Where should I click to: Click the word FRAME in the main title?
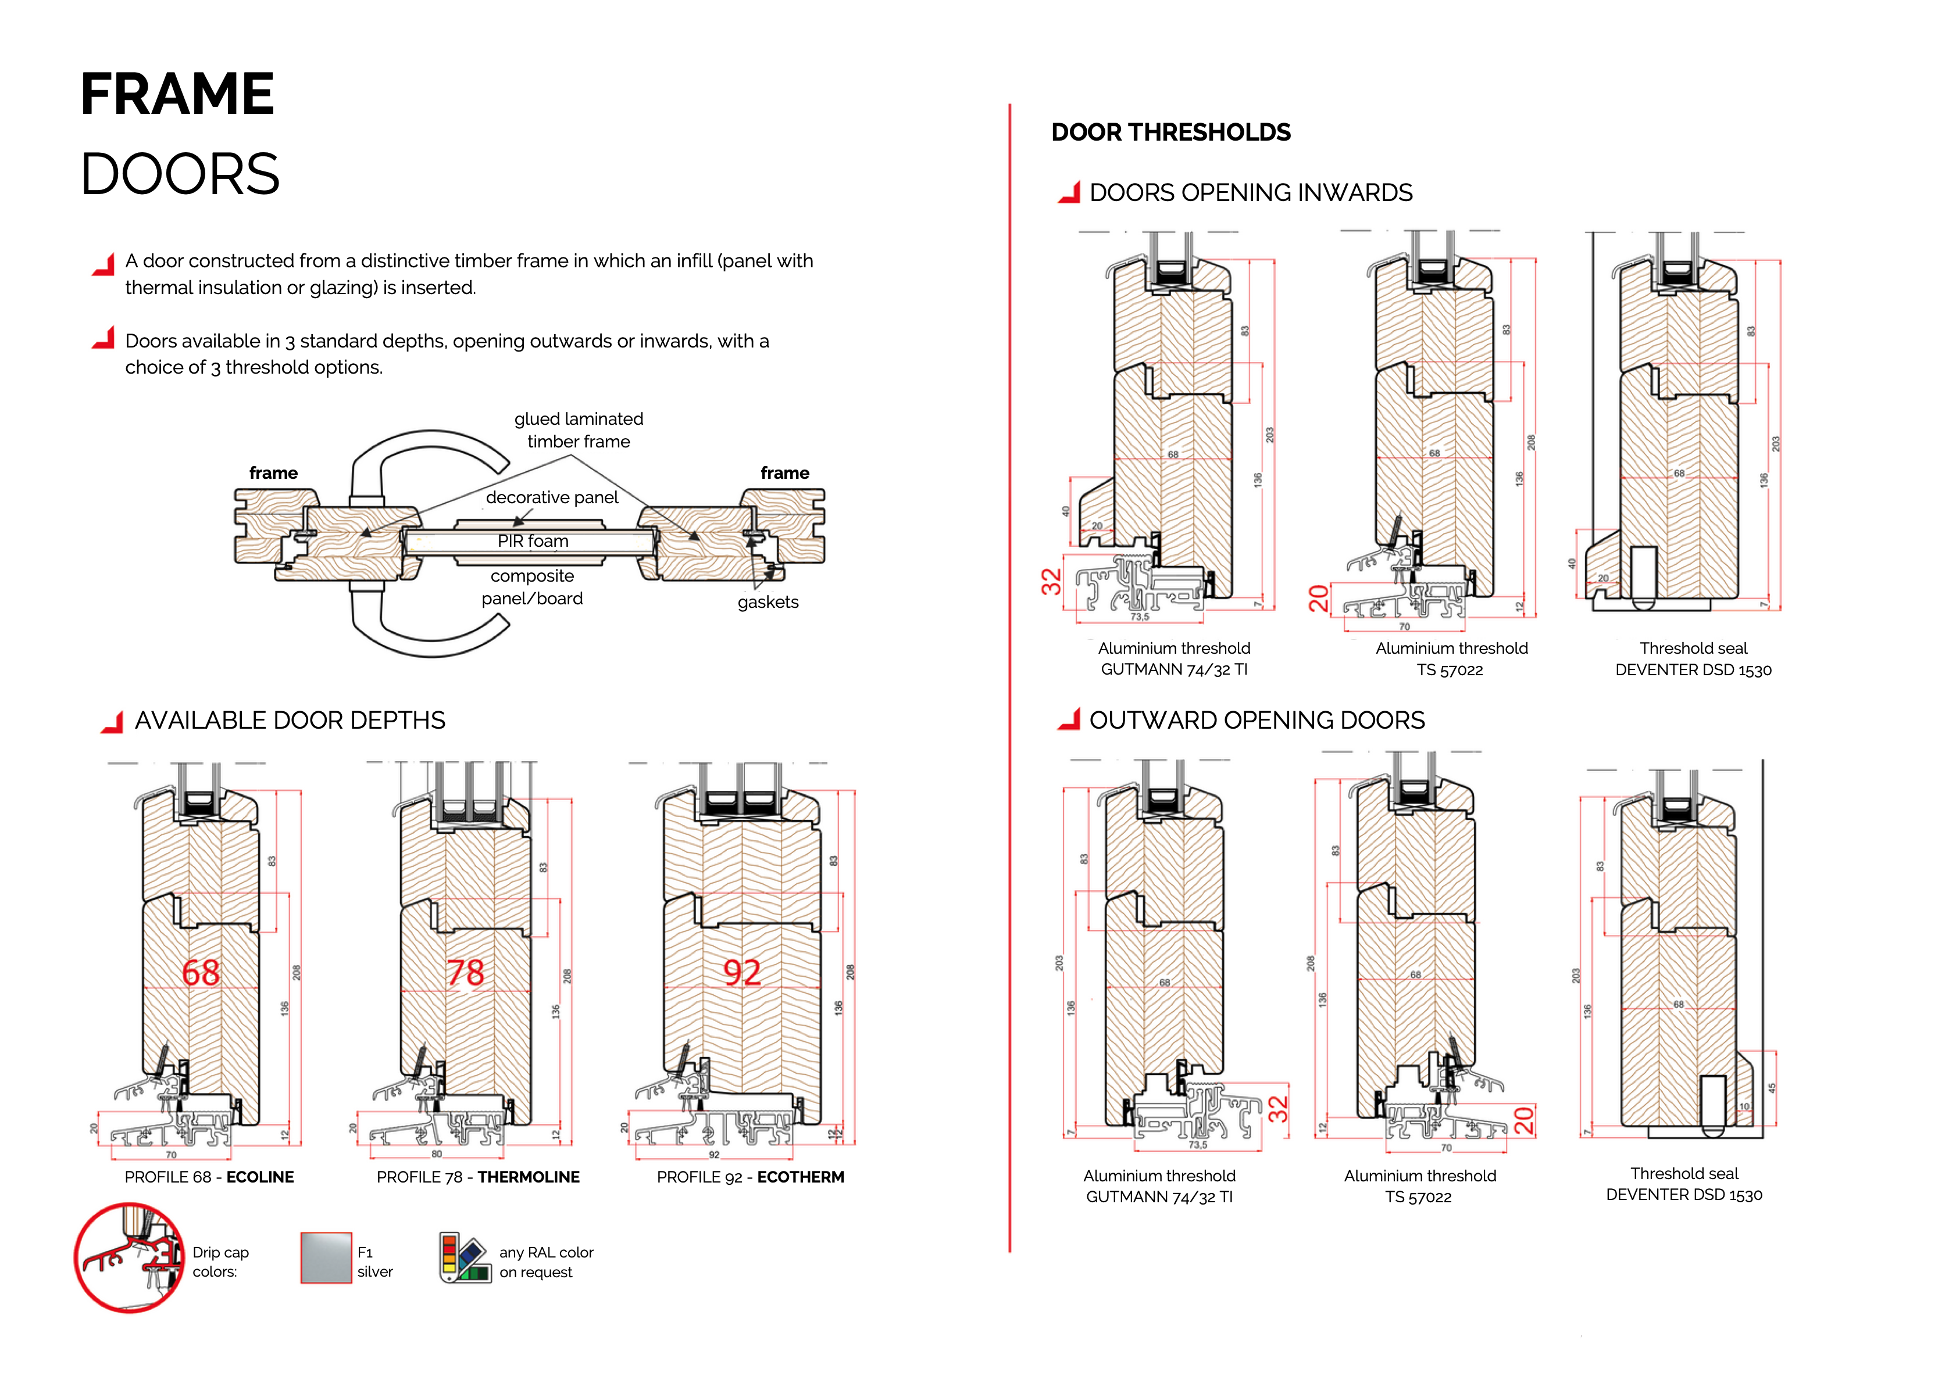click(x=177, y=95)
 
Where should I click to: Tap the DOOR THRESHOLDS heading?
click(x=1170, y=133)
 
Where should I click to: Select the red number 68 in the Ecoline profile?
click(x=201, y=973)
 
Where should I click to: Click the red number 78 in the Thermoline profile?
click(x=466, y=973)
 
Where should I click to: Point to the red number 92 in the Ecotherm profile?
click(x=741, y=973)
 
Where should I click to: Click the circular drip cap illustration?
click(x=130, y=1258)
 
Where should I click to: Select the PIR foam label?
click(x=533, y=542)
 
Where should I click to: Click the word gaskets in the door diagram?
click(x=768, y=602)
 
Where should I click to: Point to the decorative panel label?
click(x=552, y=497)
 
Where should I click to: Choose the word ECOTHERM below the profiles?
click(x=800, y=1177)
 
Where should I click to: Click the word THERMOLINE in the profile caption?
click(x=528, y=1177)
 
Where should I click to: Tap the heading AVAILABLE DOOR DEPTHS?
click(x=290, y=721)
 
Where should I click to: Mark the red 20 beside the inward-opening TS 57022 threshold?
click(x=1319, y=598)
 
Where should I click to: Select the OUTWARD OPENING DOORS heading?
click(x=1257, y=721)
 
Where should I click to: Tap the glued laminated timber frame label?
click(x=579, y=430)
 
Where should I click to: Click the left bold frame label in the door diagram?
click(x=273, y=474)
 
